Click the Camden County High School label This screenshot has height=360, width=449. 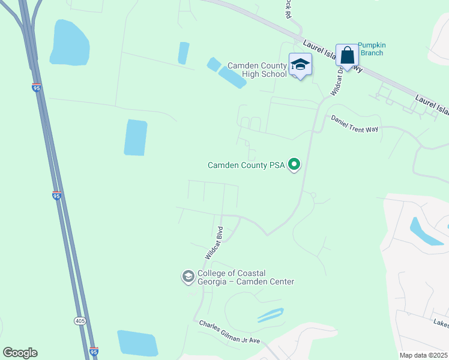(x=256, y=69)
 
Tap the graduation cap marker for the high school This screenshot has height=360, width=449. (x=300, y=64)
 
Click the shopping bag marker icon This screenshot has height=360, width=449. (x=347, y=55)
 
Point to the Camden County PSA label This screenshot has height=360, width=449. (x=246, y=164)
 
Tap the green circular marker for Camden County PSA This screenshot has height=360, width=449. (x=294, y=163)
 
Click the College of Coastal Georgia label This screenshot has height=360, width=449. (x=246, y=277)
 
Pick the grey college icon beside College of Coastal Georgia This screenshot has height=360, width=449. (x=188, y=277)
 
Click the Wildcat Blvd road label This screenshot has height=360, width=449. (x=214, y=242)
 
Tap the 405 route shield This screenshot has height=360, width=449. (x=80, y=321)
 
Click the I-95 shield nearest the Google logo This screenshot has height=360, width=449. (x=93, y=351)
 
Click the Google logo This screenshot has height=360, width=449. (x=20, y=353)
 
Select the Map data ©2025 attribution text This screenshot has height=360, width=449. (x=423, y=355)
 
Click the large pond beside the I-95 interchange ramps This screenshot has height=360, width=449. (x=70, y=43)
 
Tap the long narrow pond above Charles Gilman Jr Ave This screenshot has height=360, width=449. (x=270, y=315)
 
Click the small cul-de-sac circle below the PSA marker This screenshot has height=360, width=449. (x=313, y=196)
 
